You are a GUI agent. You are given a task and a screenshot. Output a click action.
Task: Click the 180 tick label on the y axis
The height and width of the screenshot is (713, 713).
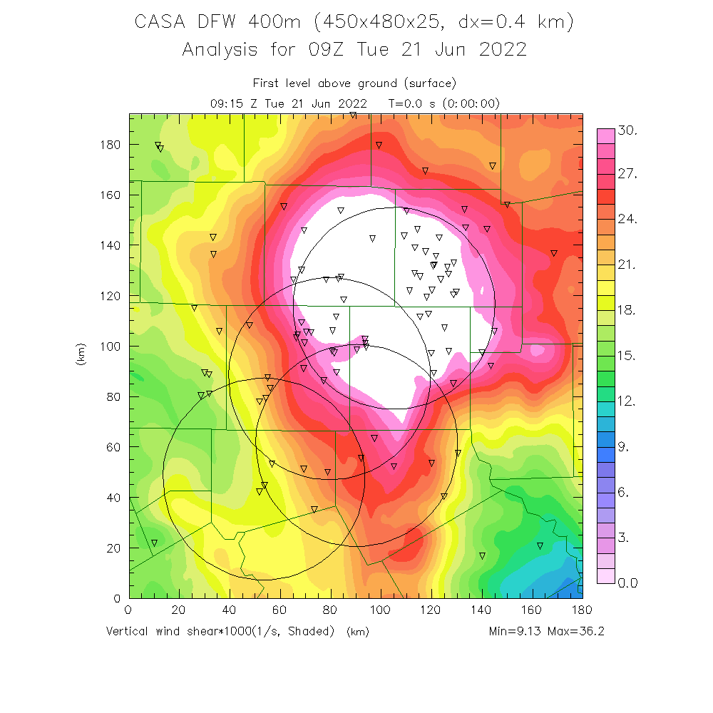(x=111, y=145)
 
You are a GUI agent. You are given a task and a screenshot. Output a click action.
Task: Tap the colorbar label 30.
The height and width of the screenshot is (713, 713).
(x=627, y=131)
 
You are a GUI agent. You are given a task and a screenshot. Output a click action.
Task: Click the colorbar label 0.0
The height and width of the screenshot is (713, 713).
(x=627, y=583)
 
